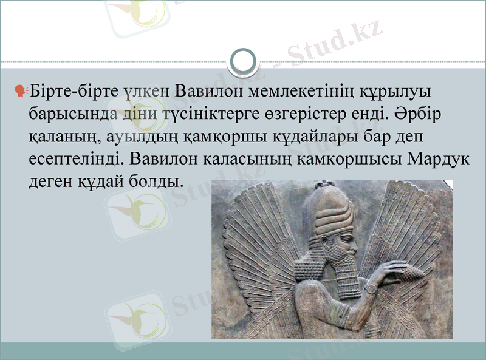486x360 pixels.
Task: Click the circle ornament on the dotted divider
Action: [243, 61]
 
